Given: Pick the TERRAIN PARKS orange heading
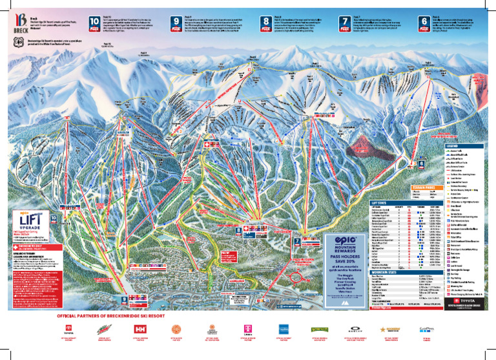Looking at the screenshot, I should [x=423, y=188].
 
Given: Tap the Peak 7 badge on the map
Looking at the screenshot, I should [x=298, y=243].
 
